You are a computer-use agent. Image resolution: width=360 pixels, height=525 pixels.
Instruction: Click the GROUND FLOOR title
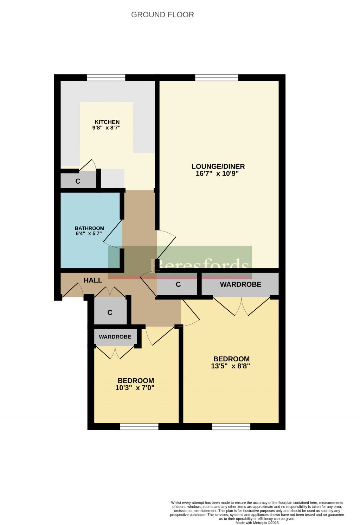coord(162,15)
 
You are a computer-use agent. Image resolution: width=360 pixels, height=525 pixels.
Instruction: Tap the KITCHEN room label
coord(107,122)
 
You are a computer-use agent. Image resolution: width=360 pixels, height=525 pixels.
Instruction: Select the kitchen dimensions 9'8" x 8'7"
coord(107,128)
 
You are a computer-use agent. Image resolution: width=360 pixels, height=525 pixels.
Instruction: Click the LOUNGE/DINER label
coord(218,166)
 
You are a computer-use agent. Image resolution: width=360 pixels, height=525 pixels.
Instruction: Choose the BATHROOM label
coord(90,228)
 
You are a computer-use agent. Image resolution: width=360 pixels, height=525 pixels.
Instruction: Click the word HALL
coord(93,280)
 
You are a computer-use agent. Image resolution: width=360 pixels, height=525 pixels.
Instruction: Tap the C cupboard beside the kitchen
coord(78,181)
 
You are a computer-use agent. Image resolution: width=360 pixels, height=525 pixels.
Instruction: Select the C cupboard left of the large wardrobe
coord(178,284)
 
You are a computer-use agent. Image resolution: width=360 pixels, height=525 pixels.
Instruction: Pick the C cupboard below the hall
coord(110,312)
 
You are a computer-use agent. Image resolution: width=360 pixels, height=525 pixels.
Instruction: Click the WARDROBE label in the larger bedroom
coord(240,284)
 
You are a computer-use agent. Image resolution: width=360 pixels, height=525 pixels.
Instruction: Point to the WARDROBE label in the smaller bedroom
coord(115,337)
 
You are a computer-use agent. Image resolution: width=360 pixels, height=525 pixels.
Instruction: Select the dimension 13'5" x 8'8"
coord(230,366)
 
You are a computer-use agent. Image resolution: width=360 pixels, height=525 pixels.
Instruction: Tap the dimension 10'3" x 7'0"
coord(135,388)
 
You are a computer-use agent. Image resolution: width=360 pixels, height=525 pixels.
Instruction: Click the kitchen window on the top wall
coord(106,78)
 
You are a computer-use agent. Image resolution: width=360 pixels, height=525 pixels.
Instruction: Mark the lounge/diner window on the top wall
coord(217,78)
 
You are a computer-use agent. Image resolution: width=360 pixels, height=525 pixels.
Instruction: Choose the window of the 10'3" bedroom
coord(139,426)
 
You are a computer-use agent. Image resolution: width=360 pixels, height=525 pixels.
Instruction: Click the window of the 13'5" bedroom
coord(231,426)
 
